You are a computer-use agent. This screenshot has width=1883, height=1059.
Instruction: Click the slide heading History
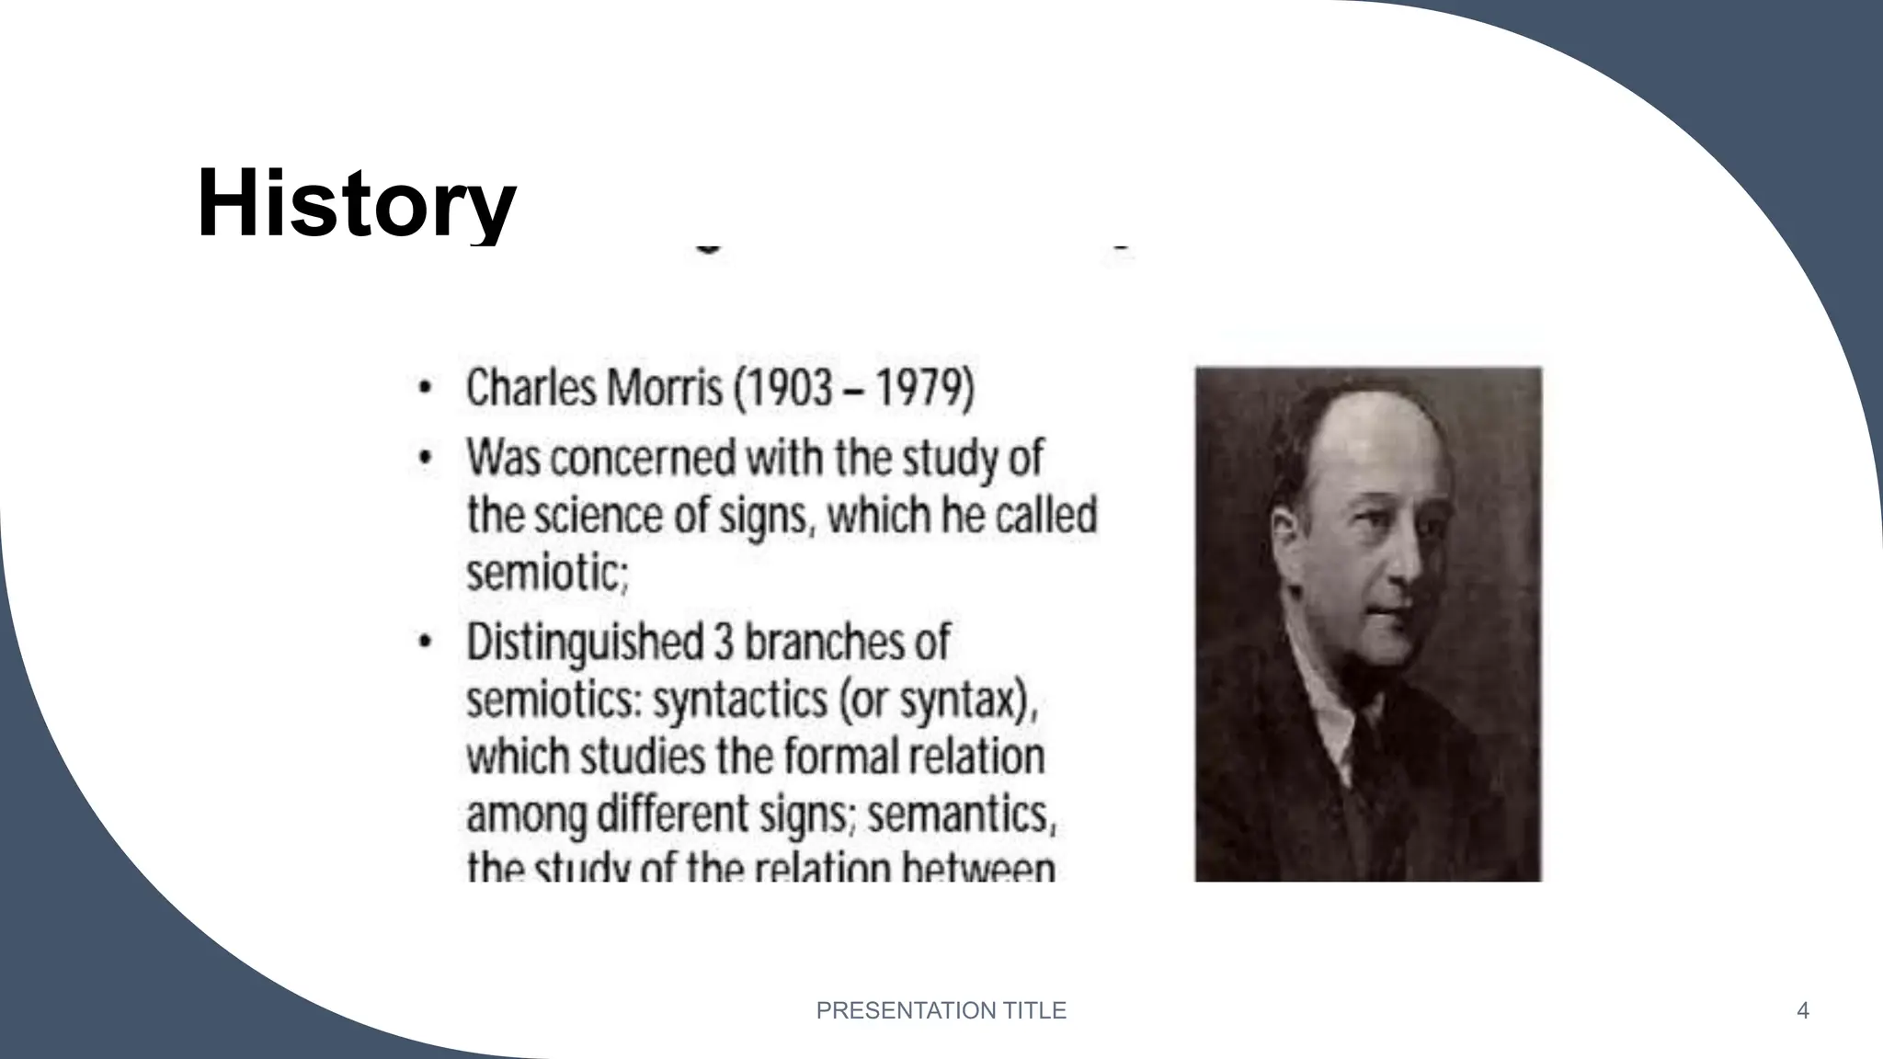[x=357, y=203]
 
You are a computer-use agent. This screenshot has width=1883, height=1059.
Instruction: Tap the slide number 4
[x=1802, y=1011]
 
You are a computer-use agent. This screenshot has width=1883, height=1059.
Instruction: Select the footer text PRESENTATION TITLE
[x=941, y=1011]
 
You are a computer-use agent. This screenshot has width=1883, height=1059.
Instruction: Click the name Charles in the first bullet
[x=531, y=388]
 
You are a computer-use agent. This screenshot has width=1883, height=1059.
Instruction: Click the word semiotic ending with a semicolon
[x=547, y=574]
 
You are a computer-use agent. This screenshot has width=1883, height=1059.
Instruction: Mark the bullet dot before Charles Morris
[x=424, y=388]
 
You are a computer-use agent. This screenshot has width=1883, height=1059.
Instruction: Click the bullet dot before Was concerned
[x=424, y=458]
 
